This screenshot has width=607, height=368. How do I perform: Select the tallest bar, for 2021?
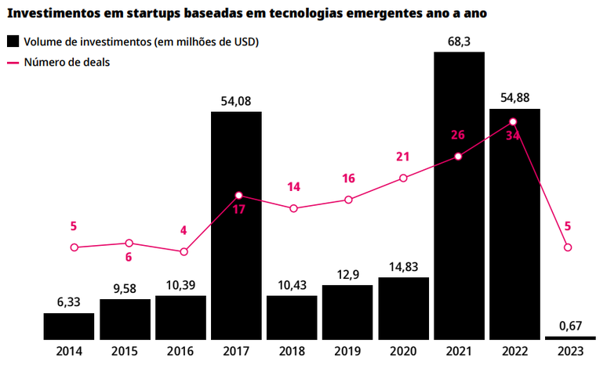(x=459, y=196)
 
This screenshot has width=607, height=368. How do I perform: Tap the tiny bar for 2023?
(x=570, y=337)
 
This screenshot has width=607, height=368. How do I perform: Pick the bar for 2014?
(x=69, y=326)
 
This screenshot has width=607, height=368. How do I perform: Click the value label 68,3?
(x=459, y=41)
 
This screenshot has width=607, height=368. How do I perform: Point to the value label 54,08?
(x=236, y=100)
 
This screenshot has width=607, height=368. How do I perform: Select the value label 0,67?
(x=570, y=324)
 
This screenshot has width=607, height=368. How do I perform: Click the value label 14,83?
(x=403, y=266)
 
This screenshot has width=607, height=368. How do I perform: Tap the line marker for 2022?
(x=513, y=121)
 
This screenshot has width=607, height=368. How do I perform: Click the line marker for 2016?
(x=184, y=252)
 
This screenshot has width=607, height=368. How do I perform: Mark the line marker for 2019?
(x=348, y=200)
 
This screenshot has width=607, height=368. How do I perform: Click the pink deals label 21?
(x=403, y=157)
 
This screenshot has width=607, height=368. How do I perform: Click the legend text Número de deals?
(x=67, y=62)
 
